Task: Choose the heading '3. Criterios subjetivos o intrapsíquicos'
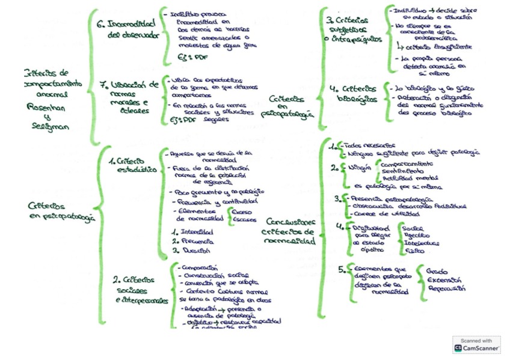pyautogui.click(x=352, y=29)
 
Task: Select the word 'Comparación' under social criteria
pyautogui.click(x=198, y=268)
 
